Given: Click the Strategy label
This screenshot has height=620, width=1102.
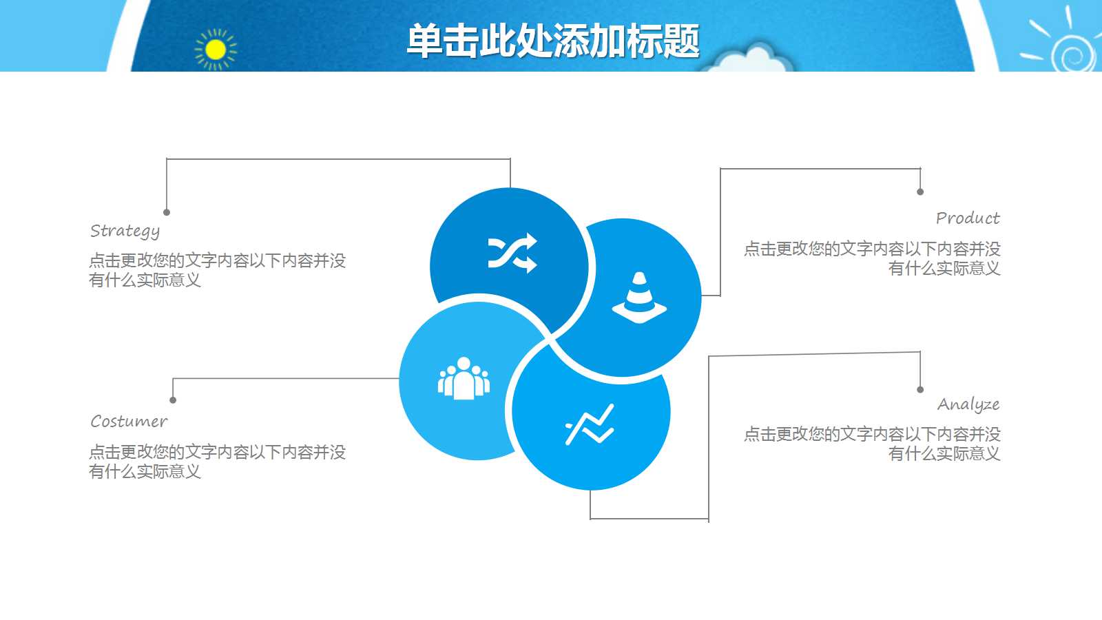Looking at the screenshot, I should [x=125, y=231].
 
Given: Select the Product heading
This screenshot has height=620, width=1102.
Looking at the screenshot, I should [x=967, y=218].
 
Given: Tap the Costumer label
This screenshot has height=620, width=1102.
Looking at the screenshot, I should [x=129, y=421].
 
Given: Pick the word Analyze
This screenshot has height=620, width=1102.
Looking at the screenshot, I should [x=968, y=404].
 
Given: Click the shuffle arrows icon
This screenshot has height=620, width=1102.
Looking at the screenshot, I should [x=512, y=253].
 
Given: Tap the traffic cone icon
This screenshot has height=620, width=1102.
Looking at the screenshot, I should [x=639, y=298].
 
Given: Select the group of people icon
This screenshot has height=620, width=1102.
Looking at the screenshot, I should [x=464, y=378].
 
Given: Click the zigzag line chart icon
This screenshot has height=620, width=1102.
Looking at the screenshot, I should [x=590, y=424].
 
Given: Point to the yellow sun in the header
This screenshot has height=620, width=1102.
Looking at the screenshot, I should [x=216, y=50].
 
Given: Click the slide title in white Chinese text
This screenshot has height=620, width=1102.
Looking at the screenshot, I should [x=552, y=41].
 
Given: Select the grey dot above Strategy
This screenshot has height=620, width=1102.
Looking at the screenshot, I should [x=167, y=212].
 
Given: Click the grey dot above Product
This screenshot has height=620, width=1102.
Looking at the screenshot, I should [x=920, y=192].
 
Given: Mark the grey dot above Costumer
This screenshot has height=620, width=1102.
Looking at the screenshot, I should [x=173, y=400].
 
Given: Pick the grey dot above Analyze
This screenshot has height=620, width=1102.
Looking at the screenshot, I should [x=920, y=389].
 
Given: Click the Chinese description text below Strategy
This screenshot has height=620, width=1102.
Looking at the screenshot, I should [x=217, y=270].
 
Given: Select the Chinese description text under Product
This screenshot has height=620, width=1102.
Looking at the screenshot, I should [x=872, y=258].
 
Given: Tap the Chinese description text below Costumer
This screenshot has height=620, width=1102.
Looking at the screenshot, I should [x=217, y=462].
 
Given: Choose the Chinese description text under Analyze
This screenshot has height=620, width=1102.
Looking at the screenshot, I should [x=872, y=444].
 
